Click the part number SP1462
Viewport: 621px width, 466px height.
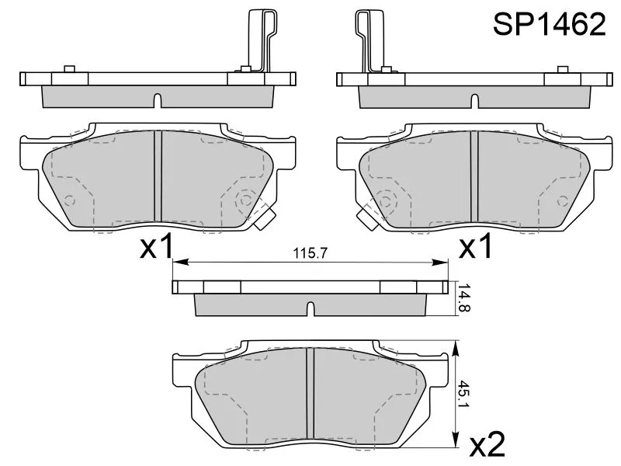549,24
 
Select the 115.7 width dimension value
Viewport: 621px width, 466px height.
310,253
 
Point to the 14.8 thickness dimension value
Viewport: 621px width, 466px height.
463,297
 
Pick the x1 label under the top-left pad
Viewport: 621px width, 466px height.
157,245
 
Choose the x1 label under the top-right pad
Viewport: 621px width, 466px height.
475,245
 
